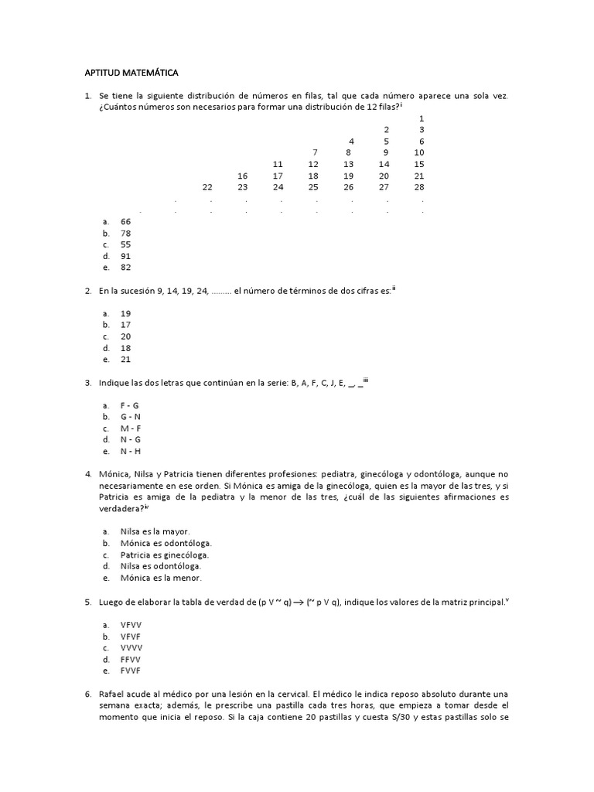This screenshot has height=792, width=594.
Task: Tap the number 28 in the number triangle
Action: pyautogui.click(x=419, y=187)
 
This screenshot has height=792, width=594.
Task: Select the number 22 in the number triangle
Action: pyautogui.click(x=207, y=187)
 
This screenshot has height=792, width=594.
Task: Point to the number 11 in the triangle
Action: pyautogui.click(x=278, y=164)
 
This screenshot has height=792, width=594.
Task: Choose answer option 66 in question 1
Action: pyautogui.click(x=125, y=221)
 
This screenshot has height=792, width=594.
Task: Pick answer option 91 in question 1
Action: pyautogui.click(x=125, y=256)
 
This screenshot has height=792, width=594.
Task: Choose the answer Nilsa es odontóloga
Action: pyautogui.click(x=161, y=566)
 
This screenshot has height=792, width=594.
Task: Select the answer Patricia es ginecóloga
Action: pyautogui.click(x=165, y=555)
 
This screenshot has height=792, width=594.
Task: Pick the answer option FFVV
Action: pyautogui.click(x=131, y=659)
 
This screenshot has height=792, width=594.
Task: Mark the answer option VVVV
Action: pyautogui.click(x=131, y=647)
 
